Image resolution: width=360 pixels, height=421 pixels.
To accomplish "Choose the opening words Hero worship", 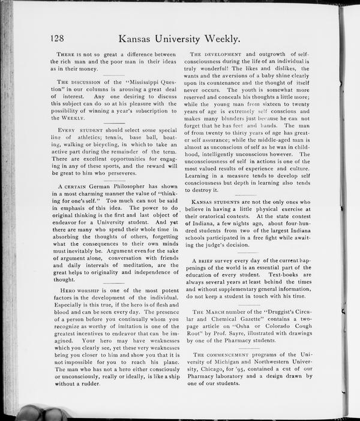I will pos(76,290).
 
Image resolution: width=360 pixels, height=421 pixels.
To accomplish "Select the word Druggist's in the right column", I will pos(284,313).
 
